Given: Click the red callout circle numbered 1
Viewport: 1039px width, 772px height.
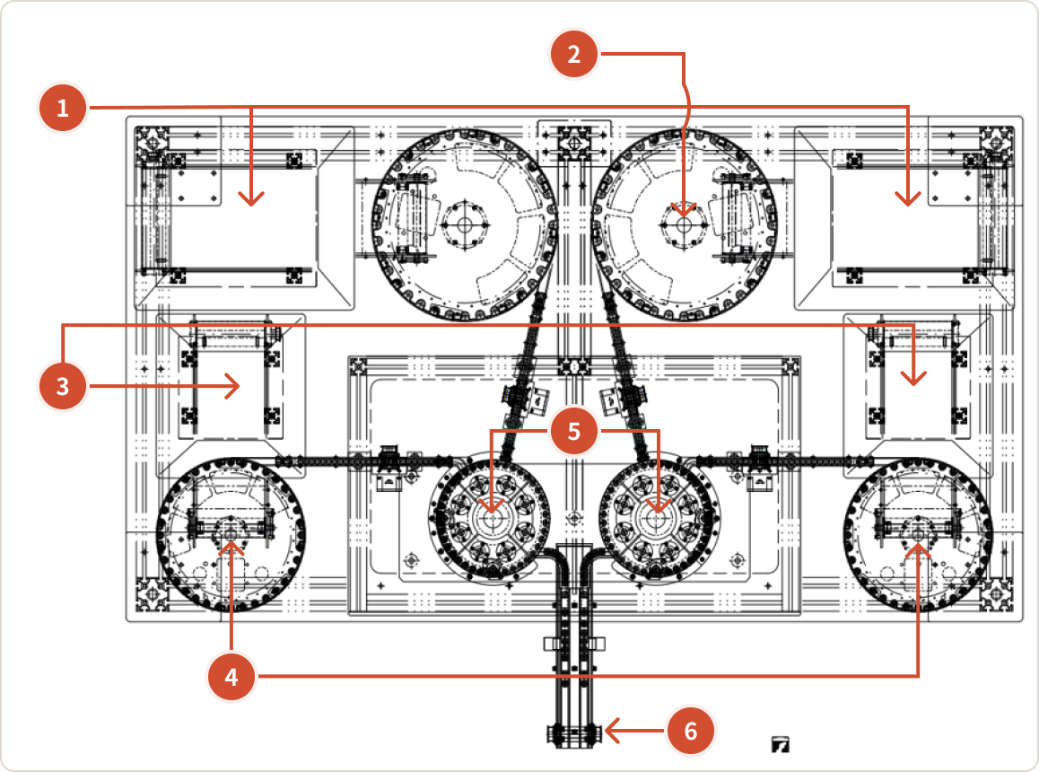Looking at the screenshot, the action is tap(63, 108).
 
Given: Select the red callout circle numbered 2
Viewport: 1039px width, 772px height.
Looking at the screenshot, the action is tap(574, 54).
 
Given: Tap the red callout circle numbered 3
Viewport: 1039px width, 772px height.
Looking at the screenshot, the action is tap(63, 386).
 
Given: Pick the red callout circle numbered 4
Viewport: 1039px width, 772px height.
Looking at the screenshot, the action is tap(231, 677).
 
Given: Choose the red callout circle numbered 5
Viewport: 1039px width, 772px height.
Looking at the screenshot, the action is tap(574, 431).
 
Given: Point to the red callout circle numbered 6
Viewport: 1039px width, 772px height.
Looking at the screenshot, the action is tap(691, 731).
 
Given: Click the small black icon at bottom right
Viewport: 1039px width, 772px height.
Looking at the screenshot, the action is tap(781, 745).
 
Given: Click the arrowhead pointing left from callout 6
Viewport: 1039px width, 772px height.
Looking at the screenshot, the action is tap(612, 731).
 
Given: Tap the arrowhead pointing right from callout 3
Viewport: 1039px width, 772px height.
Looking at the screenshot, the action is tap(232, 386).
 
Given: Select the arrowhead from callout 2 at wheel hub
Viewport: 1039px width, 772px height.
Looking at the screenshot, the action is tap(684, 209).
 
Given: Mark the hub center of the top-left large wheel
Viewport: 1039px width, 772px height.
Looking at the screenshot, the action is tap(465, 225).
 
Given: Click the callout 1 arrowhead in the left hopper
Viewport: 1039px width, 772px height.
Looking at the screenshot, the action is tap(251, 199).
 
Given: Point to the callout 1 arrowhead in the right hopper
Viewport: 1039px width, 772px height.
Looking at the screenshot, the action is tap(908, 199).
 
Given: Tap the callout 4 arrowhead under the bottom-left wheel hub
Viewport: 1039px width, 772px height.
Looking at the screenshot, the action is tap(231, 548).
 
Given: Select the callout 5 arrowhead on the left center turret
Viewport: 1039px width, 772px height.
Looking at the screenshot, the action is tap(491, 505).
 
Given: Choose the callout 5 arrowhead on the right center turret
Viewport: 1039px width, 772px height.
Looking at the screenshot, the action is tap(658, 505).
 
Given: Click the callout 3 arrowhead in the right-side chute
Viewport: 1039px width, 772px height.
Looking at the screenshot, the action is tap(913, 378).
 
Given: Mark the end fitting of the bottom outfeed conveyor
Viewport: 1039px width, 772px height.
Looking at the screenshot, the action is tap(574, 735).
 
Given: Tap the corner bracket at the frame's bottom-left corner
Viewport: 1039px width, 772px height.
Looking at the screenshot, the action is tap(152, 594).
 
